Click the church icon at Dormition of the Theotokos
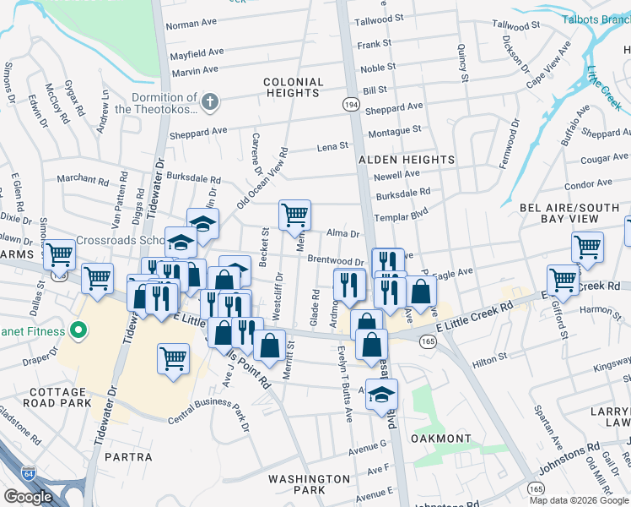pos(209,103)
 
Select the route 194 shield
pos(349,103)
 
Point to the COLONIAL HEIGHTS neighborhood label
pos(293,88)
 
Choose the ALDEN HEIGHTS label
pos(395,159)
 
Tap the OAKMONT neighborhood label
pos(440,439)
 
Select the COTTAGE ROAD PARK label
pos(59,398)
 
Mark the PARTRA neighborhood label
pos(127,456)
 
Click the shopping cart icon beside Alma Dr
pos(294,214)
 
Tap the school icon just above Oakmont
pos(381,394)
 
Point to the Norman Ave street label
pos(191,25)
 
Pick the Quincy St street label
pos(462,64)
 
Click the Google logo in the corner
pos(28,497)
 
